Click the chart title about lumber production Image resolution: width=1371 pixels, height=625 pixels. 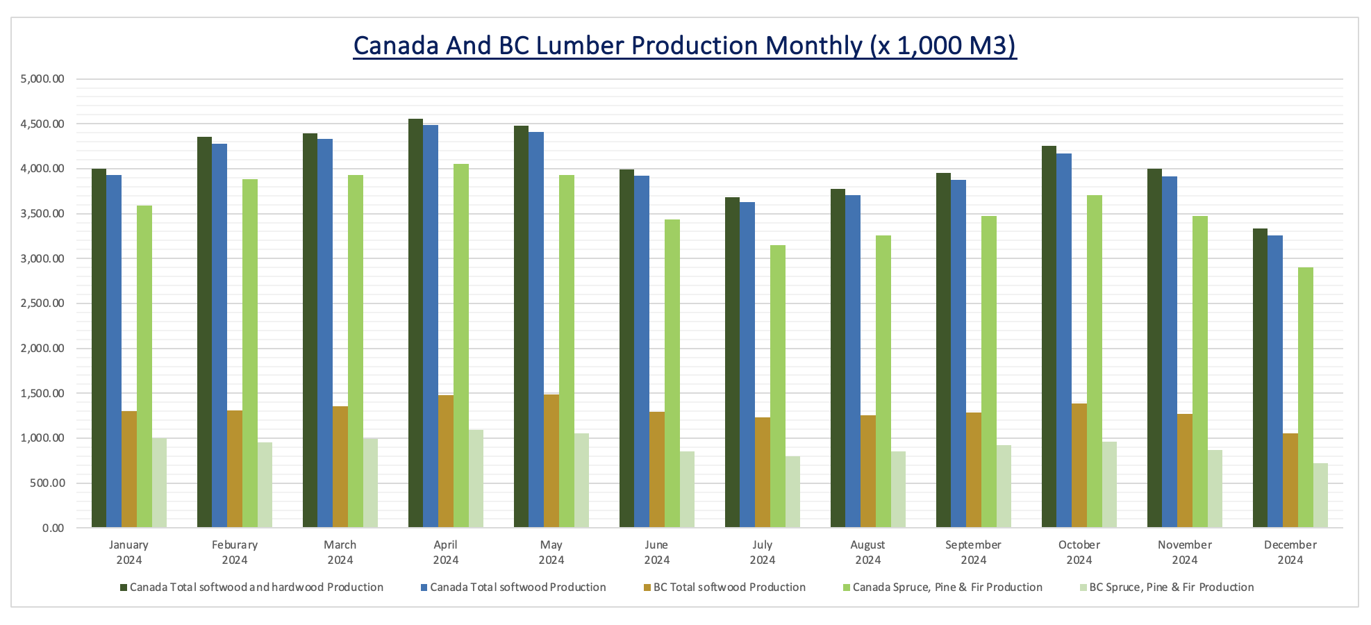(685, 46)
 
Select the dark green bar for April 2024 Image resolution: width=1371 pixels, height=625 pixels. (415, 323)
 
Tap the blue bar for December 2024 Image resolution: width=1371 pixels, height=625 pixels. (1275, 382)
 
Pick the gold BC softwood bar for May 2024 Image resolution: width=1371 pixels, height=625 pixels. (551, 461)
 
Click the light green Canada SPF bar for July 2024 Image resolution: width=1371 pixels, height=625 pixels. (778, 386)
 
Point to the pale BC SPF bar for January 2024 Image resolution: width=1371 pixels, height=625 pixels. (160, 483)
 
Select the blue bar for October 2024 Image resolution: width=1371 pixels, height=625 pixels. (1064, 340)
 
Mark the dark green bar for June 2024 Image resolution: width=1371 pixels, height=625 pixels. (626, 349)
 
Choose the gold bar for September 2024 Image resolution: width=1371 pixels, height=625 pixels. (974, 470)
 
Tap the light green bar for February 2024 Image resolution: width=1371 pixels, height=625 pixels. (250, 353)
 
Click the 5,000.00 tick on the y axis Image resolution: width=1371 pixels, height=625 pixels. (43, 79)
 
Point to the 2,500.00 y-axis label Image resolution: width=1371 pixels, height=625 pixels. (43, 303)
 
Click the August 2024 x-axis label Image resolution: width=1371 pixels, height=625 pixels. (867, 552)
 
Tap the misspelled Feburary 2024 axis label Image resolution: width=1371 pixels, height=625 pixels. (235, 552)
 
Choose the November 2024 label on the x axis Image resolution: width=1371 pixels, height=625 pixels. (1184, 552)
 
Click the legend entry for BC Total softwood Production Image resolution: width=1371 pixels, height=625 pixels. (729, 587)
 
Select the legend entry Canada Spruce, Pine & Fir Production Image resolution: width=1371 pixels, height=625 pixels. (947, 587)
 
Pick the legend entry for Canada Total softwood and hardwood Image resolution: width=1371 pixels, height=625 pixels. (256, 587)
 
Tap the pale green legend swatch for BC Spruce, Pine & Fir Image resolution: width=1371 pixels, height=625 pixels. (1083, 587)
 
